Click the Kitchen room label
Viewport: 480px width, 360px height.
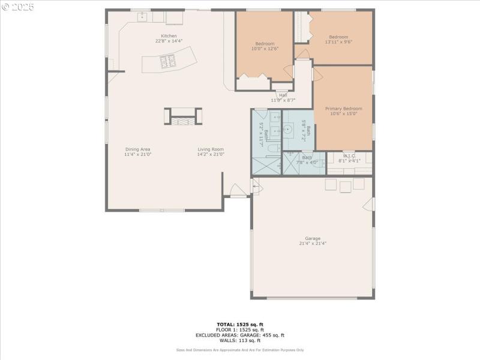[166, 36]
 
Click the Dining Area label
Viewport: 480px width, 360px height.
[137, 149]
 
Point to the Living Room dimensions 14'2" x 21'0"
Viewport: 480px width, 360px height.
[211, 154]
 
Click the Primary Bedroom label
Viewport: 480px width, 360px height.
[344, 109]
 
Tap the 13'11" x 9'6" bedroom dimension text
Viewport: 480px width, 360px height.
[338, 42]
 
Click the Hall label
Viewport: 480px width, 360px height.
[283, 95]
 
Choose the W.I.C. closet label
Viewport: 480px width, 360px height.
[349, 156]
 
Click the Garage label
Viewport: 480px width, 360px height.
[312, 238]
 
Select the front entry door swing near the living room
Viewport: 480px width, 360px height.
[238, 190]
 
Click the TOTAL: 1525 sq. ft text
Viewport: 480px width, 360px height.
[239, 325]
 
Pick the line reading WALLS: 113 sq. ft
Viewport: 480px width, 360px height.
[239, 341]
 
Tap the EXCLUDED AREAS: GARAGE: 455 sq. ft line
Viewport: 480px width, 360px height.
[239, 335]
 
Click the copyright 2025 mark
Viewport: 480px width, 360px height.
[18, 7]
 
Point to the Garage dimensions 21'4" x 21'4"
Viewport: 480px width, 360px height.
[312, 243]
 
